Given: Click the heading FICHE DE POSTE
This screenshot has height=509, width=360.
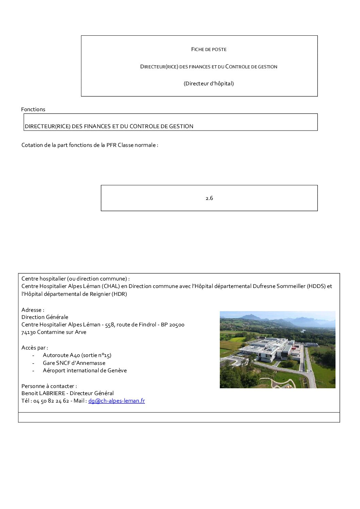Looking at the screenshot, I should (209, 49).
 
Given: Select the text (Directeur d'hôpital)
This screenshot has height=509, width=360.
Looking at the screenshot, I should (209, 84).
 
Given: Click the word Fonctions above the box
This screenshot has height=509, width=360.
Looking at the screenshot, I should (33, 109).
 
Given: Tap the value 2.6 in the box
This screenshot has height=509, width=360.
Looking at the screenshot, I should (209, 198).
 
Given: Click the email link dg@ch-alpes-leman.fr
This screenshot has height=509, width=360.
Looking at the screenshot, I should (116, 401).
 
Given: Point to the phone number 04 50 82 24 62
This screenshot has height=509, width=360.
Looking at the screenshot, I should (51, 401).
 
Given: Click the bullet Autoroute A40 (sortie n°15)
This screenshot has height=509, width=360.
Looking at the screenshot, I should (77, 355).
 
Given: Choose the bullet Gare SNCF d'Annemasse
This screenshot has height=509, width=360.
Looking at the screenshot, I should (74, 363).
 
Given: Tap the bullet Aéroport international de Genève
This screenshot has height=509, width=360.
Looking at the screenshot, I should (85, 371).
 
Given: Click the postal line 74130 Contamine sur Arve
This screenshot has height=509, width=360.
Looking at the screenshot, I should (54, 332).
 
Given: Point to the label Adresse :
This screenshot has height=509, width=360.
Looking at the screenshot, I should (33, 310).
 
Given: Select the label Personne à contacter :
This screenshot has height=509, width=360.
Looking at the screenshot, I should (49, 386).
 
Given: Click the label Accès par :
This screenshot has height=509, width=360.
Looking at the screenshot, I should (34, 348).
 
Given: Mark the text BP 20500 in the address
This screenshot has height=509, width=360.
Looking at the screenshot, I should (173, 325).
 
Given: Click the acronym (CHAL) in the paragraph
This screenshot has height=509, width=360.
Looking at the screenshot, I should (111, 286).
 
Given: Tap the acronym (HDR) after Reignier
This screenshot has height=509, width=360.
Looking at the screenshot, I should (119, 294).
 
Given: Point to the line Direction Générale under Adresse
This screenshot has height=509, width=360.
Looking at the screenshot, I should (45, 317).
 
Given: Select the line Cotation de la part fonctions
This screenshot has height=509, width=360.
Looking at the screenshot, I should (89, 145).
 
